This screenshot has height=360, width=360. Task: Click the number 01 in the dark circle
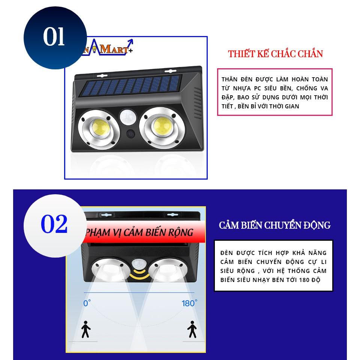click(54, 37)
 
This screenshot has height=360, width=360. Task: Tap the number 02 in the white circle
click(54, 224)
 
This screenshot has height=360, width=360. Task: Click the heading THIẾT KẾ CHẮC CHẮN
click(275, 54)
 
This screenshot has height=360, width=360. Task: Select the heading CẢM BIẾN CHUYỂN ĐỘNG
click(275, 225)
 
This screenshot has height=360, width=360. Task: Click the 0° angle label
click(87, 303)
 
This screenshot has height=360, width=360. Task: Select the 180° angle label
click(189, 303)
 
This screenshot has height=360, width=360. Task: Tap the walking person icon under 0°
click(86, 329)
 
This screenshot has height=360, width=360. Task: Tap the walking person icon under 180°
click(193, 329)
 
